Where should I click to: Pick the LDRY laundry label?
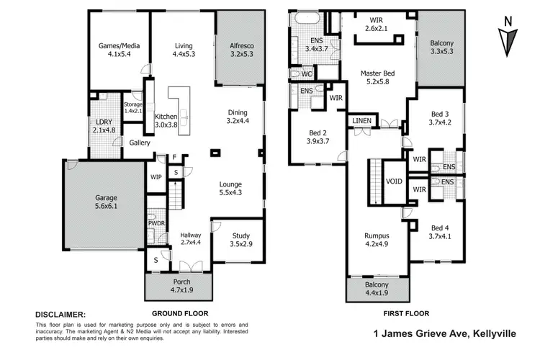(104, 126)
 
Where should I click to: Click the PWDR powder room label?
(156, 223)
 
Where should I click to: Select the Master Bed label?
(377, 77)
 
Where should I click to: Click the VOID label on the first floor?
(394, 181)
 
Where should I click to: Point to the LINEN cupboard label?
(361, 120)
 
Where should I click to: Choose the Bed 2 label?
(317, 137)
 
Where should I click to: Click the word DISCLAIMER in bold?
(60, 315)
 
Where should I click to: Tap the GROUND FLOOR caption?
(179, 314)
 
